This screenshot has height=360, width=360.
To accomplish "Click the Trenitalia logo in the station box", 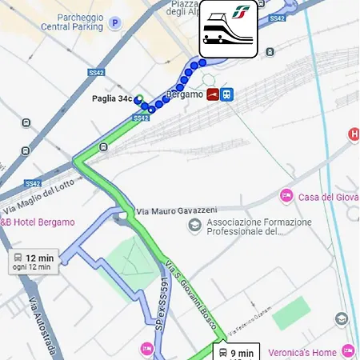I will point(241,14).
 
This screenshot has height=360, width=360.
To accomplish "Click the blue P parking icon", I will point(115,22).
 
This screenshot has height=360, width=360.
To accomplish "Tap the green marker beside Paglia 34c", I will point(139,99).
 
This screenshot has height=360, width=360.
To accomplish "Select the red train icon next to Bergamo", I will point(213,95).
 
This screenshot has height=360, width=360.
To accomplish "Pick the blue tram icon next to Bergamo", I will point(227,95).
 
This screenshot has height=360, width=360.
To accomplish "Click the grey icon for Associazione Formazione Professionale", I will point(194,226).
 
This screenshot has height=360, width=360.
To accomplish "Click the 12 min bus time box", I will point(33,262).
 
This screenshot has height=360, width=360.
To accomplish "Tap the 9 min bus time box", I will point(235,352).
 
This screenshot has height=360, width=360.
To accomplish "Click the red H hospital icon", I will point(354,134).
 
